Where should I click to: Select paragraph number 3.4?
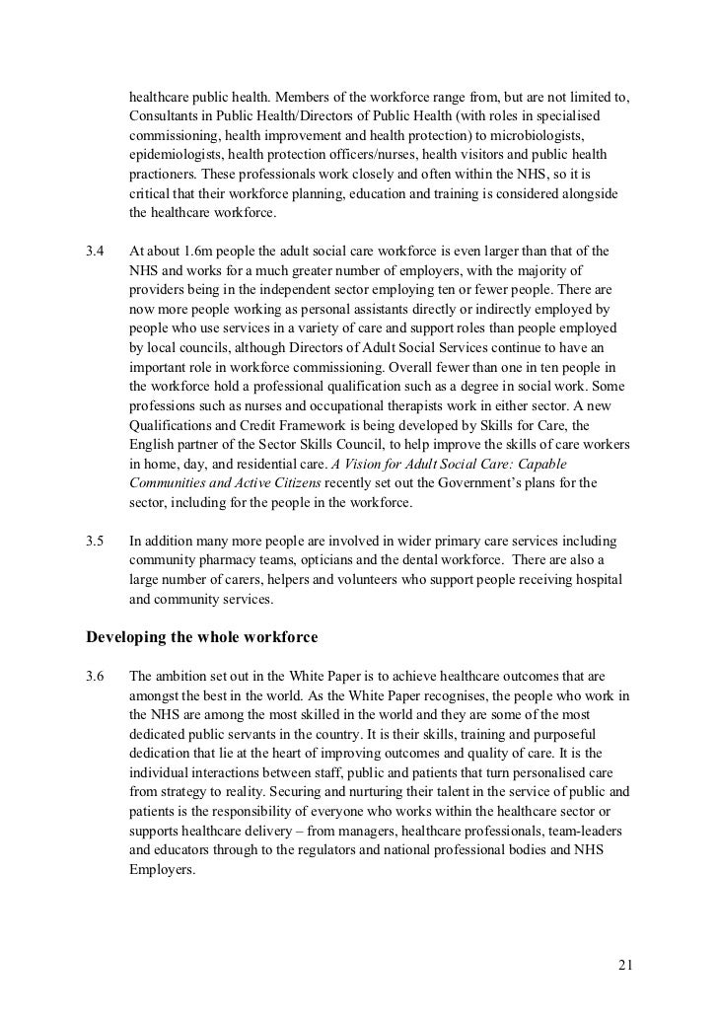point(96,252)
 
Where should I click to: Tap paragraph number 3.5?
point(96,542)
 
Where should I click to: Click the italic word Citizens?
point(291,483)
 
